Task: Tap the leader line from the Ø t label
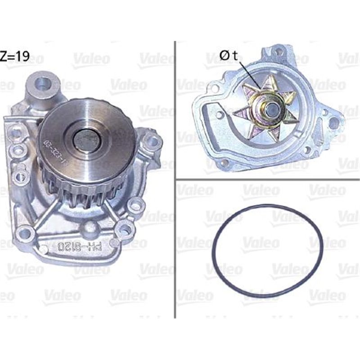tap(249, 74)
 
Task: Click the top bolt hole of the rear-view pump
tap(279, 52)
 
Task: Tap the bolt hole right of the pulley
tap(152, 142)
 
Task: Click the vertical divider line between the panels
tap(174, 180)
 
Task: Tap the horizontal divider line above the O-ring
tap(265, 180)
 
